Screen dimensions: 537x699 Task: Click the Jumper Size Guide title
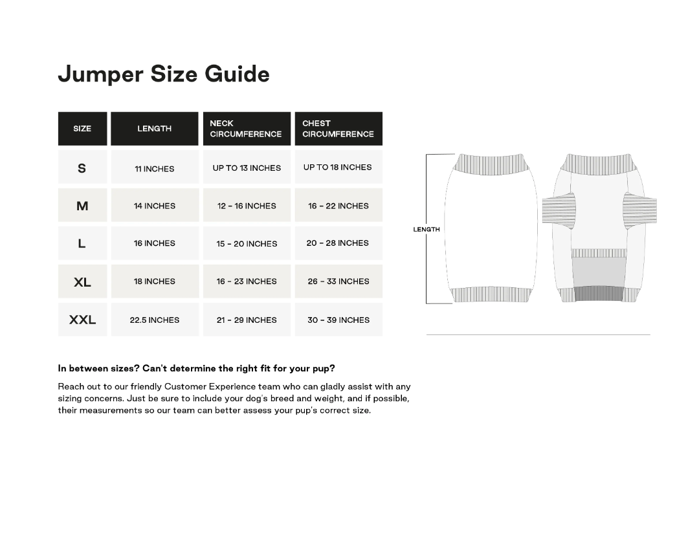(x=164, y=74)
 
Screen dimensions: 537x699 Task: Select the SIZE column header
(x=82, y=129)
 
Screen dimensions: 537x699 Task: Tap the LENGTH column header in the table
(x=154, y=129)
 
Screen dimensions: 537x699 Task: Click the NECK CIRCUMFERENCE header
(x=246, y=129)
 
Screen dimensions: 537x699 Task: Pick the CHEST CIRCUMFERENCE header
(x=338, y=129)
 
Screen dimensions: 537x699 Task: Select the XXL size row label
(x=82, y=320)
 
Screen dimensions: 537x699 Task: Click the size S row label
(x=82, y=168)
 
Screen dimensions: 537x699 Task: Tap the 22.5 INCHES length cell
(x=155, y=320)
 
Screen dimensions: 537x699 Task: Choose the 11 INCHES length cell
(x=155, y=168)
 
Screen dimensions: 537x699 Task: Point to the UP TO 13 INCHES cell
(x=247, y=168)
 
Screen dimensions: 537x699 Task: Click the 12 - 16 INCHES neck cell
(x=247, y=206)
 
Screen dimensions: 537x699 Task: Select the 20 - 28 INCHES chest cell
(x=338, y=243)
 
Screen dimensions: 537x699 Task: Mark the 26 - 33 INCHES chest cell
(x=338, y=281)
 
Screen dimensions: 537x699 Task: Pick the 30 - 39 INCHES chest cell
(x=338, y=320)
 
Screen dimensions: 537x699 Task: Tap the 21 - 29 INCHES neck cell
(x=247, y=320)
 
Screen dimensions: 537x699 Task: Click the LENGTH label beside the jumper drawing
(x=427, y=229)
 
